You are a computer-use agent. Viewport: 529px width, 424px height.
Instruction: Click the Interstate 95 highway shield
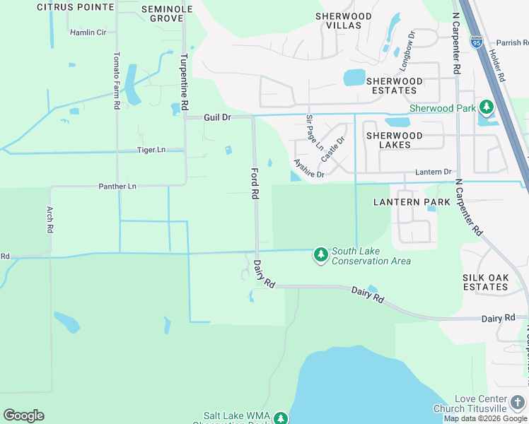477,42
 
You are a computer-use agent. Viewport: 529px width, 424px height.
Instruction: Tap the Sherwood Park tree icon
487,108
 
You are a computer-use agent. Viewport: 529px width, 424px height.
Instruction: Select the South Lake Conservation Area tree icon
321,254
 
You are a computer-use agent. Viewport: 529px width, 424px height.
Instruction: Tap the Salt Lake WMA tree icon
281,418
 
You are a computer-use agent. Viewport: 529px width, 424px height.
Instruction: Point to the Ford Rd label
255,183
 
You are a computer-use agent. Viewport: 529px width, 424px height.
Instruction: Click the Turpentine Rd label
184,81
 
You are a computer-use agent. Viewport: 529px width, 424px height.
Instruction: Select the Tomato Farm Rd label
117,79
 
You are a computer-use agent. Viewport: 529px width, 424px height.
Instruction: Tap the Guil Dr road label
218,117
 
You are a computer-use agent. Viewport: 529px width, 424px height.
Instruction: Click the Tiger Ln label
151,150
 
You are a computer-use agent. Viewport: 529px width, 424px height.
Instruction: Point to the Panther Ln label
117,186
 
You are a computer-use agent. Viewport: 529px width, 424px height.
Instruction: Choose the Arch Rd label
50,220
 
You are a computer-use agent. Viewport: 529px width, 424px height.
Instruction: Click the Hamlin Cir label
88,33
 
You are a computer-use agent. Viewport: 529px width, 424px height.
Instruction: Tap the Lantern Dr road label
433,172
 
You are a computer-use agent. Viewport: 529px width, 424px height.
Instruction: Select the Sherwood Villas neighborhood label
344,20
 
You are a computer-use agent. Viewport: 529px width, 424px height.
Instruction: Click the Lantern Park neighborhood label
412,202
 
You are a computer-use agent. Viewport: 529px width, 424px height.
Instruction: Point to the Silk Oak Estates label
486,282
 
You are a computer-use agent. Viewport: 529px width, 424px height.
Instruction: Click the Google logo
23,416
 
